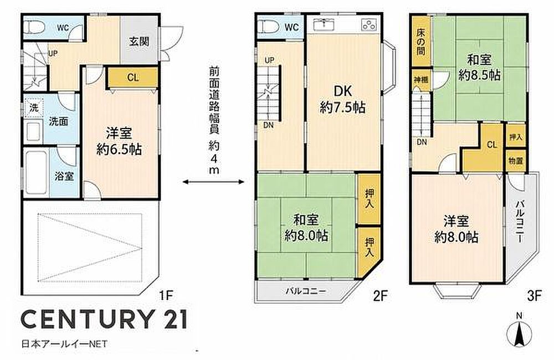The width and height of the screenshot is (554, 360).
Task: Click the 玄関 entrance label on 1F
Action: [138, 42]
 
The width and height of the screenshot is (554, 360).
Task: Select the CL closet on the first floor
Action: [132, 78]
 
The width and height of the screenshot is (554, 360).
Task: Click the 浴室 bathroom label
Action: [64, 176]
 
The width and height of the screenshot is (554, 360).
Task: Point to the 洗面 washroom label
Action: [58, 121]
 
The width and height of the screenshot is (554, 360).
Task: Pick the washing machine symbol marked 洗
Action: [34, 107]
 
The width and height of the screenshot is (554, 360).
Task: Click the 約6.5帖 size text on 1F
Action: [120, 150]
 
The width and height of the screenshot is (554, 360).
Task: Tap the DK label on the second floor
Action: [343, 91]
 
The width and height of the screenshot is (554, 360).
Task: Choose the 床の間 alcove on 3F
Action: [421, 42]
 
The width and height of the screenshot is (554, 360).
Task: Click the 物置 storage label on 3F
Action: [516, 161]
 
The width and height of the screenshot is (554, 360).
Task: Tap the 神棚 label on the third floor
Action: [421, 80]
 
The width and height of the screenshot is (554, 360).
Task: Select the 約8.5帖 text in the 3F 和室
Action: [479, 75]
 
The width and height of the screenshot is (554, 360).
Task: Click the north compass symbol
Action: [519, 332]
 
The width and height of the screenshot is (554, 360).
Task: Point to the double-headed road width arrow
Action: [213, 182]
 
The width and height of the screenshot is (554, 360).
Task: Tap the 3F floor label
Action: [534, 295]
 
